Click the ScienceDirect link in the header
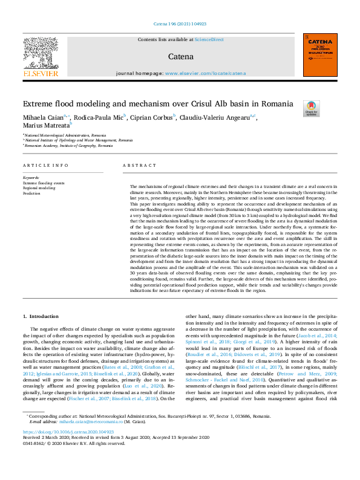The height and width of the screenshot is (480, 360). (x=211, y=39)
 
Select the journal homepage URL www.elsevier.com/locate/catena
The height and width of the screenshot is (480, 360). (x=197, y=73)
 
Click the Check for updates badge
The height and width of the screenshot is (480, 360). (x=312, y=109)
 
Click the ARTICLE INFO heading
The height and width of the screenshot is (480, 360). (x=45, y=165)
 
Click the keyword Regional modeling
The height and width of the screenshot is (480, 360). (x=39, y=188)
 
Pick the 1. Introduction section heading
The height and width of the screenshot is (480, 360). (x=41, y=316)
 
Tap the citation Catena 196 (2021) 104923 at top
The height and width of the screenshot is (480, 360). (x=180, y=25)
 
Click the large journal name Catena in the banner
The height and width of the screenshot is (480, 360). (x=180, y=56)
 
